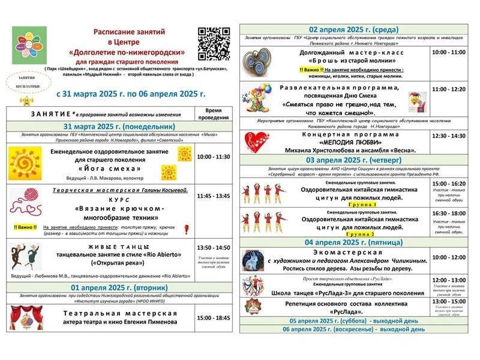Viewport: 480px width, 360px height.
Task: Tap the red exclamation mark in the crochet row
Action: [x=186, y=229]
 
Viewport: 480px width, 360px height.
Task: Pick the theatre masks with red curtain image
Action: [x=25, y=317]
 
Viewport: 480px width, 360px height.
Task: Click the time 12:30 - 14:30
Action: [x=449, y=136]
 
